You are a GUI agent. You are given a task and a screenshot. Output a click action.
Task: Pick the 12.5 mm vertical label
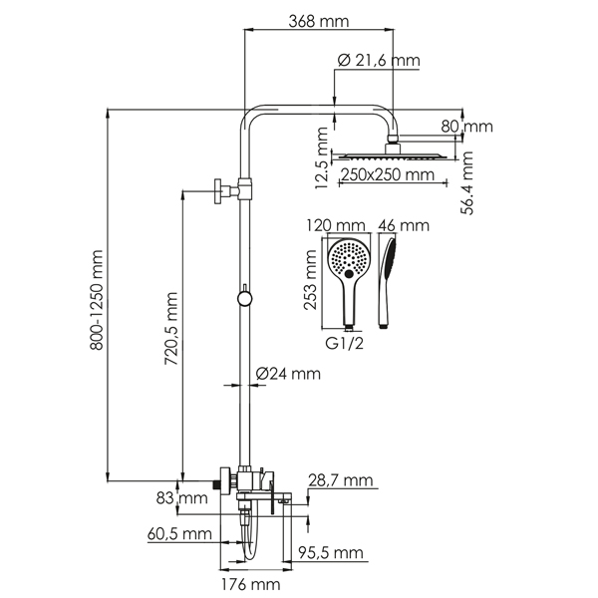click(x=321, y=158)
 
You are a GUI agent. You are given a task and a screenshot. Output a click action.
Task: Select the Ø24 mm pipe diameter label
click(x=288, y=374)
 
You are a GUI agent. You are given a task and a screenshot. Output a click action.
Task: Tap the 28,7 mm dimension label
click(x=342, y=481)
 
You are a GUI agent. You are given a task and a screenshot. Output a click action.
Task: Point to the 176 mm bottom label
click(x=242, y=584)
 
